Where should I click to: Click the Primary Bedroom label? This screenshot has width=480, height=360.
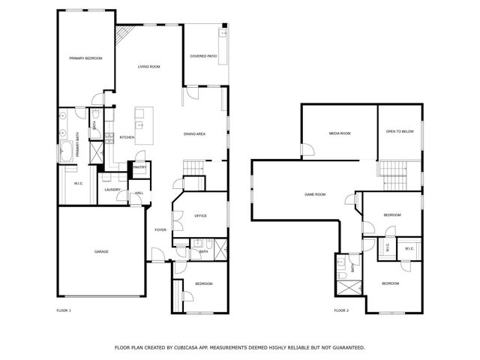[x=85, y=58]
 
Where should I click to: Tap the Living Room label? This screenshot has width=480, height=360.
[x=148, y=67]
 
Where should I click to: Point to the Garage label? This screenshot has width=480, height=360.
[x=101, y=251]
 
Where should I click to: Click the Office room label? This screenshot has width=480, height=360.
[x=200, y=216]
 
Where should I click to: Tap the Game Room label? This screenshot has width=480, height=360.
[x=315, y=194]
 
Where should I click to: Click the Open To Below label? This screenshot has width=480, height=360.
[x=400, y=131]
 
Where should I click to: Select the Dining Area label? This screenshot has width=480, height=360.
[x=195, y=133]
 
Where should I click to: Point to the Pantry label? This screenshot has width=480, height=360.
[x=139, y=167]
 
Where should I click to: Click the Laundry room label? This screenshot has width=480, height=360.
[x=112, y=190]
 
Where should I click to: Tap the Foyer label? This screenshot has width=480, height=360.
[x=160, y=229]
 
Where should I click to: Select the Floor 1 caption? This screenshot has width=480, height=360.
[x=64, y=310]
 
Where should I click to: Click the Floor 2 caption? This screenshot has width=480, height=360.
[x=341, y=310]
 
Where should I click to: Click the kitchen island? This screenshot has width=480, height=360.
[x=140, y=126]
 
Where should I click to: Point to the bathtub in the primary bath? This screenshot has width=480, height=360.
[x=67, y=151]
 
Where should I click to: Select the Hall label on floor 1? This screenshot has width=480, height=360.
[x=139, y=193]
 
